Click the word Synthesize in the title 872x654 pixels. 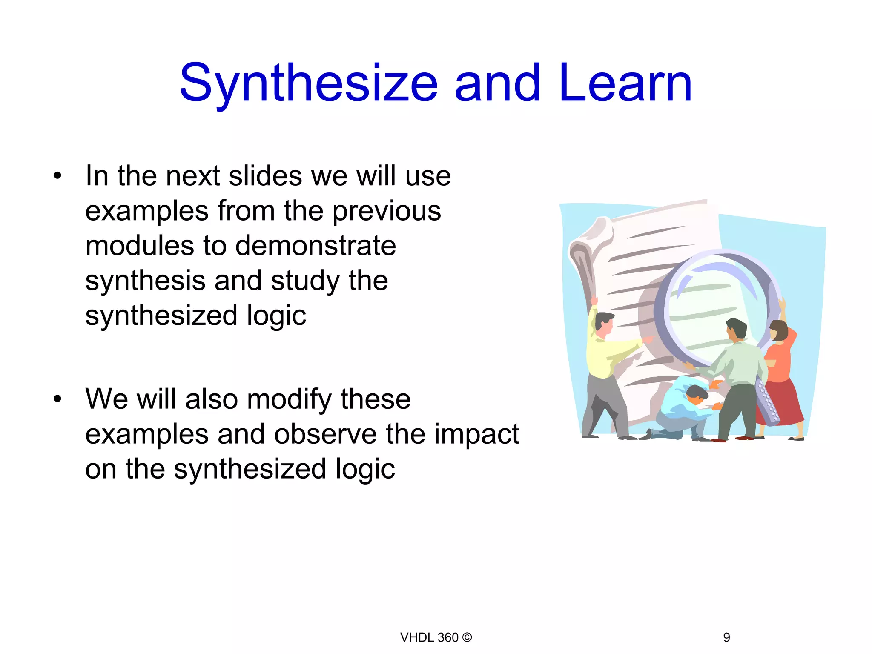pyautogui.click(x=309, y=83)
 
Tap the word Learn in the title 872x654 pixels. pyautogui.click(x=625, y=83)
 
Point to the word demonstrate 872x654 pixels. pyautogui.click(x=316, y=246)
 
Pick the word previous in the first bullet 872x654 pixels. pyautogui.click(x=387, y=212)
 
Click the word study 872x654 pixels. pyautogui.click(x=305, y=281)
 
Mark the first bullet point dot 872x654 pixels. pyautogui.click(x=57, y=176)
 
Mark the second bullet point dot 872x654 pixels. pyautogui.click(x=57, y=399)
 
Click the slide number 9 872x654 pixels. pyautogui.click(x=726, y=637)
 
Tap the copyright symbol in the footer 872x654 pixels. pyautogui.click(x=467, y=637)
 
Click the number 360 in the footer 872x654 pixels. pyautogui.click(x=448, y=637)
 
